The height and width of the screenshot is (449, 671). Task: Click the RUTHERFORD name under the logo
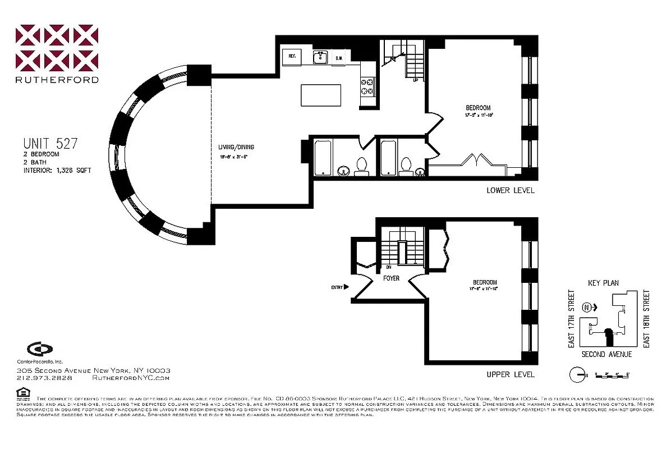[57, 80]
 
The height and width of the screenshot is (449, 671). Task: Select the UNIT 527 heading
[50, 144]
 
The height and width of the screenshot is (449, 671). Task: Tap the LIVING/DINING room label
[233, 148]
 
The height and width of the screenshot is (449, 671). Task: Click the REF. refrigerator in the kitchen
[292, 57]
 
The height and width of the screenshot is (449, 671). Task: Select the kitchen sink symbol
[320, 57]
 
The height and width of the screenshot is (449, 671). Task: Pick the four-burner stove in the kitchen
[367, 86]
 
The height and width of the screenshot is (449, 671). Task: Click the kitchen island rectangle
[321, 95]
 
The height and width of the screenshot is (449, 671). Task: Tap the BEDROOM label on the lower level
[478, 108]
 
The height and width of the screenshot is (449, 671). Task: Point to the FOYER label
[391, 278]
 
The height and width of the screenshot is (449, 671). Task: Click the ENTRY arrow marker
[346, 287]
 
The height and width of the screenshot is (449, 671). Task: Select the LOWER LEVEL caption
[511, 190]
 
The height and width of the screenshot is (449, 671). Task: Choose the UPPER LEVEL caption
[511, 374]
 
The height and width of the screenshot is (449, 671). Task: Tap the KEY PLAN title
[603, 283]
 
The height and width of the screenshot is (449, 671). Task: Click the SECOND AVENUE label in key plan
[606, 354]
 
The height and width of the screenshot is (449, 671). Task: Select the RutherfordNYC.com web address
[130, 378]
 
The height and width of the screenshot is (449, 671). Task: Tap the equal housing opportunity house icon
[22, 392]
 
